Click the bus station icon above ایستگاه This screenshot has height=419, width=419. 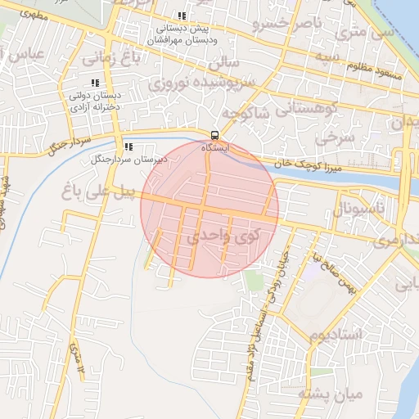tap(214, 135)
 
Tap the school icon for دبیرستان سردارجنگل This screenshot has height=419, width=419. tap(128, 147)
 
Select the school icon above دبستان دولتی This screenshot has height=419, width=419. tap(95, 83)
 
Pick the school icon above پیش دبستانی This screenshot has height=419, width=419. tap(181, 16)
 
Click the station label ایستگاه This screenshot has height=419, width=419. tap(216, 149)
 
